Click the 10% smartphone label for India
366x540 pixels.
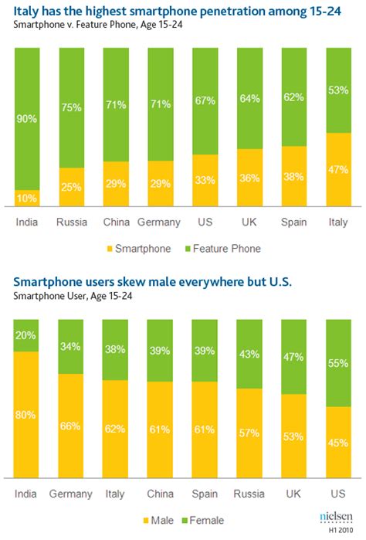[27, 199]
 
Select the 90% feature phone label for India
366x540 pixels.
[27, 120]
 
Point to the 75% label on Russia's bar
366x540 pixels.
[72, 108]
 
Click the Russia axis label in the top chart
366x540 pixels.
[71, 222]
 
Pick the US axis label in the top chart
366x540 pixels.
[204, 222]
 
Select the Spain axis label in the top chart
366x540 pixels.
[293, 222]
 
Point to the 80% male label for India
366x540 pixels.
[27, 414]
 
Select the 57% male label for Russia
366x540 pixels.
[249, 433]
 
